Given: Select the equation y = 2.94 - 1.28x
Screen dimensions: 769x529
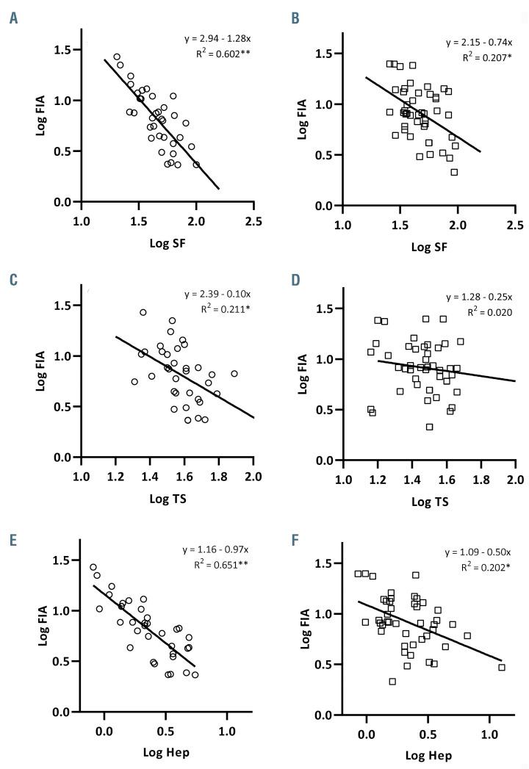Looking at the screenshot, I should point(219,38).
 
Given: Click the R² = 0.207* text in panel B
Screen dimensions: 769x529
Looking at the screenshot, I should point(483,57).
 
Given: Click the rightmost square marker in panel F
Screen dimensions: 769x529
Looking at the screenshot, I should point(502,667).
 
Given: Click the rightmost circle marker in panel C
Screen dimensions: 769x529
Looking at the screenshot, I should point(234,374).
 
